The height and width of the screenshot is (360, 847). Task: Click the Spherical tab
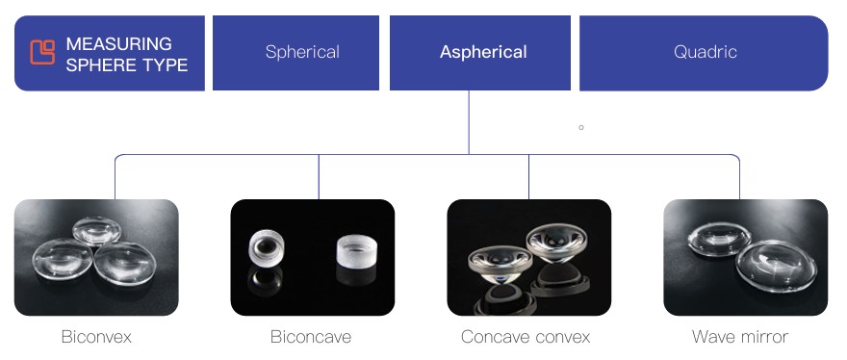point(301,52)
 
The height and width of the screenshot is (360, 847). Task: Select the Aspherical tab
point(483,52)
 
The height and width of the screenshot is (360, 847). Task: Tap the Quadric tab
point(705,52)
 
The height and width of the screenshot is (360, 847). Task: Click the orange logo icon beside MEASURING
point(42,52)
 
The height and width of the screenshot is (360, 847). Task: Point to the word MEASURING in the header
point(118,43)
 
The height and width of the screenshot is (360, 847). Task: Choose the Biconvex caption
point(96,337)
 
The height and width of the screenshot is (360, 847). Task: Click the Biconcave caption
point(311,337)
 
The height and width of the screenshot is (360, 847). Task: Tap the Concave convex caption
point(526,337)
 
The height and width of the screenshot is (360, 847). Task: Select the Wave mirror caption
point(740,337)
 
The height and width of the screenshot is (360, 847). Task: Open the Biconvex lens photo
point(96,257)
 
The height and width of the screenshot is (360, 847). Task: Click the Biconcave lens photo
point(312,257)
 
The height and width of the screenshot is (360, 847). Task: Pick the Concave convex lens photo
point(528,257)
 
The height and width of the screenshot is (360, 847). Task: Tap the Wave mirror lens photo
point(745,257)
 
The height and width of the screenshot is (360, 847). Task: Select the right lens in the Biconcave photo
point(357,253)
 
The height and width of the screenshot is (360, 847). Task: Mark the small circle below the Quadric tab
point(581,127)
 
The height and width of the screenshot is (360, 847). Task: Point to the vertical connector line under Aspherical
point(469,121)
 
